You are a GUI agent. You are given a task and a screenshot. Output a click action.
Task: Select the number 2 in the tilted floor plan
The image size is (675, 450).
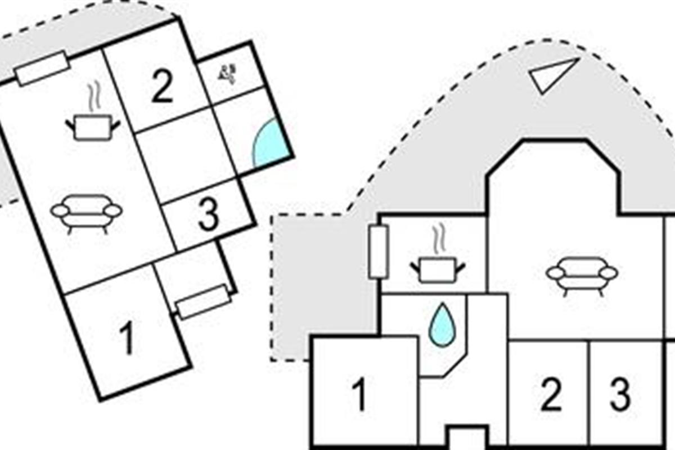click(163, 87)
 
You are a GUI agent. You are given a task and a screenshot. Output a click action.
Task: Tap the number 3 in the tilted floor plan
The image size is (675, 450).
click(209, 215)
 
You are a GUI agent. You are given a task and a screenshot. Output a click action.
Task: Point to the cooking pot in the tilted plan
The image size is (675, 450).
click(92, 128)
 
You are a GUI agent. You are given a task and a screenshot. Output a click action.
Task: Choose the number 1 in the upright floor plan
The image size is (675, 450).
click(360, 394)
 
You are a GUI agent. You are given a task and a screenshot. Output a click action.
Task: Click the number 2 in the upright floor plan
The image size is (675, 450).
click(551, 394)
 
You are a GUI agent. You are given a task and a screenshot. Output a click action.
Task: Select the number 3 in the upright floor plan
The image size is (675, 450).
click(620, 394)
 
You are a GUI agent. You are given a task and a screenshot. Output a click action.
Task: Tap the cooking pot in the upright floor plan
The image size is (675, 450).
click(438, 270)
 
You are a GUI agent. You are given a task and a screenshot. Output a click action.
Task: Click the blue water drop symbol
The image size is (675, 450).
click(442, 325)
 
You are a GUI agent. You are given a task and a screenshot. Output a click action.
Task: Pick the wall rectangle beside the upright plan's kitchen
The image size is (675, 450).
click(378, 251)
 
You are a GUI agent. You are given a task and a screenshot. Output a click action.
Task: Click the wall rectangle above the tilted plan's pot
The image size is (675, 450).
click(42, 69)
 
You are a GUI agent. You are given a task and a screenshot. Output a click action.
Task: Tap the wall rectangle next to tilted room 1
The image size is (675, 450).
click(204, 301)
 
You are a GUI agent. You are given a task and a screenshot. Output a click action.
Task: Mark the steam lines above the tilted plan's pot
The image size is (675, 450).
click(94, 96)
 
